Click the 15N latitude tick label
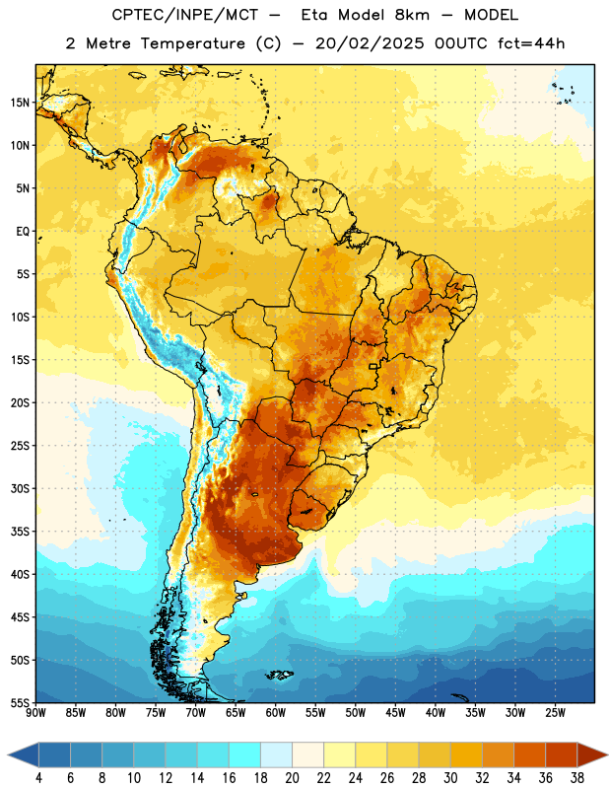[x=20, y=103]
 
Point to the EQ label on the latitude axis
[x=23, y=232]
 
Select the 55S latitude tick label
[x=20, y=702]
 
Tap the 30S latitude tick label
[x=20, y=488]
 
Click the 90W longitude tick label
[x=35, y=712]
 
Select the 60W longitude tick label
[x=276, y=712]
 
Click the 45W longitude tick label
[x=395, y=712]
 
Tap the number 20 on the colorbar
[x=292, y=778]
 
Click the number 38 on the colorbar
[x=577, y=778]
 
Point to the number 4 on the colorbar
[x=38, y=778]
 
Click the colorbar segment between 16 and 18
[x=244, y=754]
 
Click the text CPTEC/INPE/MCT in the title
[x=184, y=15]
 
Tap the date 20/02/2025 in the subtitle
[x=370, y=43]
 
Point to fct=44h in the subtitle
[x=531, y=43]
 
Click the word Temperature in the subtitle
[x=192, y=43]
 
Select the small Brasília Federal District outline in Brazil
[x=373, y=366]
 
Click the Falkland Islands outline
[x=280, y=675]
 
